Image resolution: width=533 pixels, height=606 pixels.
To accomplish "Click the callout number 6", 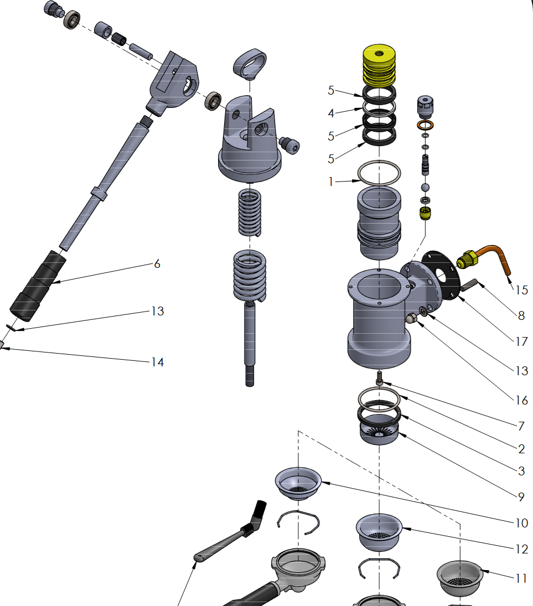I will coord(157,264).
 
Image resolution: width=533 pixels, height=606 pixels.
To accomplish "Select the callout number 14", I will coord(158,362).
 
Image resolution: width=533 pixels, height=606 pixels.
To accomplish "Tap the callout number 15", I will coord(521,289).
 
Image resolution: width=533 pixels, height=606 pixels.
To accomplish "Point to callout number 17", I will coord(521,341).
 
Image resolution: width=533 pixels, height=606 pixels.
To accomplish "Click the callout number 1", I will coord(332,182).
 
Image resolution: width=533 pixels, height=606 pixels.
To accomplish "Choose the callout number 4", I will coord(332,113).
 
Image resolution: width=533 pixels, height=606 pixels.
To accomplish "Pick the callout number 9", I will coord(521,497).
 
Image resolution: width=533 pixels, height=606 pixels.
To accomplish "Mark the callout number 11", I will coord(520,578).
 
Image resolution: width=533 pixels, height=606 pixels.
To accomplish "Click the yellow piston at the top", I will coord(379,64).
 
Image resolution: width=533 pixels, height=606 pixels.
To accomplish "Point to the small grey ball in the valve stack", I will coord(425,187).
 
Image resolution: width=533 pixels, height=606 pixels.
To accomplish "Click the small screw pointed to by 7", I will coord(380,379).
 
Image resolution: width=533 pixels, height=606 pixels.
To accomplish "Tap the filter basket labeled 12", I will coord(379,531).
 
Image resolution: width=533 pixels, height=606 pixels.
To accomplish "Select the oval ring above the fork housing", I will coord(250,61).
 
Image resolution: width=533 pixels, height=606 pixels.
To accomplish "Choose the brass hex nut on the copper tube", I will coord(467,258).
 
